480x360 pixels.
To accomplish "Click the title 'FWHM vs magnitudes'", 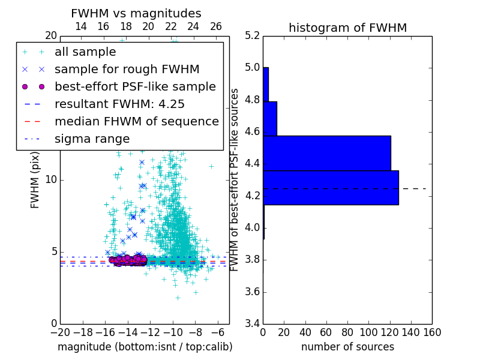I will (x=136, y=13).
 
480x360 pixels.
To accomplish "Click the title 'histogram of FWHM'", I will (x=347, y=28).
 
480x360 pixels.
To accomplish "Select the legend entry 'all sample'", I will (x=85, y=52).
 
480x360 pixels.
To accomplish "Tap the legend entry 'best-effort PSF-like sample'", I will (x=135, y=86).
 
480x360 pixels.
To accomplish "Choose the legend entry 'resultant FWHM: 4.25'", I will (x=119, y=104).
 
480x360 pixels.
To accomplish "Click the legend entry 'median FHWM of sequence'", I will (x=136, y=121).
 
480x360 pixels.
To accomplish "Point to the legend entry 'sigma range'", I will (x=92, y=139).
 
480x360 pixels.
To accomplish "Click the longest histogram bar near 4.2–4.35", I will (x=331, y=188).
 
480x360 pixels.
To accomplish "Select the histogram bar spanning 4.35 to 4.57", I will (x=326, y=153).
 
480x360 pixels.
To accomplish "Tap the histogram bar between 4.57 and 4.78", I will (x=269, y=119).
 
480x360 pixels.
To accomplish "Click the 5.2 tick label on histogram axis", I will (x=252, y=35).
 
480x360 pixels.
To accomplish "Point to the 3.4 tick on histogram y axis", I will (x=252, y=324).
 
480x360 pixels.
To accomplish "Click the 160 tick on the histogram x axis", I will (x=431, y=332).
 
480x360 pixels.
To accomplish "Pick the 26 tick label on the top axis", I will (x=216, y=26).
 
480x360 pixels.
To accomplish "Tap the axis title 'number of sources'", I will (x=347, y=347).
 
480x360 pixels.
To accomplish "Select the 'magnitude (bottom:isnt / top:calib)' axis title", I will (x=145, y=347).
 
